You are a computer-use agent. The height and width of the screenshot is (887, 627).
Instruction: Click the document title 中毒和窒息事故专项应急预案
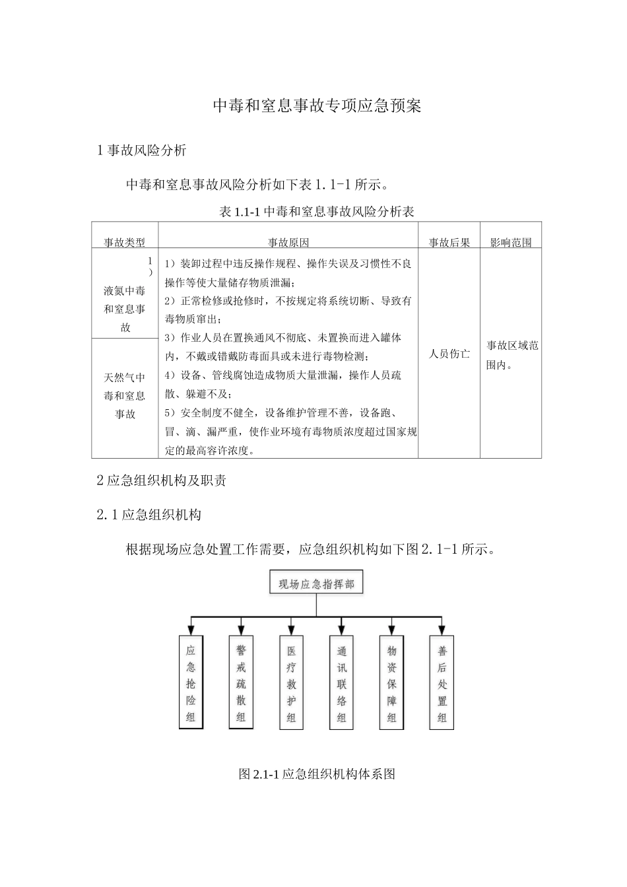click(x=317, y=106)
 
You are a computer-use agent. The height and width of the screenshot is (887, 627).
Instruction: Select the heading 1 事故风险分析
click(x=142, y=150)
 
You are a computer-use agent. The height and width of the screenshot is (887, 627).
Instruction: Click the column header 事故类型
click(x=125, y=242)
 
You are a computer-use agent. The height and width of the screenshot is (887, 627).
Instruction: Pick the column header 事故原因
click(x=288, y=242)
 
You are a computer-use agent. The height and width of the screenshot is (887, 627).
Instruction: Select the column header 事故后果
click(x=449, y=242)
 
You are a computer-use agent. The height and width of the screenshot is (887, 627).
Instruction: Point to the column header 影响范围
click(x=510, y=242)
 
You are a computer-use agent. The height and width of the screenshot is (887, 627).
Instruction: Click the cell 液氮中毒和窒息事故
click(x=125, y=308)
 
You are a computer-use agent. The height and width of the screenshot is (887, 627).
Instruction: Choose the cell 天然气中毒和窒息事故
click(x=125, y=395)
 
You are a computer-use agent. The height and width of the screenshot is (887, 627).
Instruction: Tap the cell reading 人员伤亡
click(x=449, y=354)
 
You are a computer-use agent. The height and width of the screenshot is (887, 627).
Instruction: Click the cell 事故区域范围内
click(x=512, y=354)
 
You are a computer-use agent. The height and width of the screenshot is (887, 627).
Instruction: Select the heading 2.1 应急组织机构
click(x=149, y=515)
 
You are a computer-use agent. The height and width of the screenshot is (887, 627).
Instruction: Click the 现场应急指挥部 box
click(x=316, y=584)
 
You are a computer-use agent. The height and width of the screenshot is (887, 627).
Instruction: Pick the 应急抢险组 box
click(x=191, y=683)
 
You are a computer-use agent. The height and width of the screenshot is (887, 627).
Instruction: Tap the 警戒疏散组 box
click(x=241, y=683)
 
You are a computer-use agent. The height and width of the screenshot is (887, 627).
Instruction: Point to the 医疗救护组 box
click(x=291, y=683)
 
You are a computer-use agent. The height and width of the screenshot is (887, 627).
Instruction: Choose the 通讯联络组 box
click(x=341, y=683)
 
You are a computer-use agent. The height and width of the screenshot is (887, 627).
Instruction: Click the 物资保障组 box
click(x=391, y=683)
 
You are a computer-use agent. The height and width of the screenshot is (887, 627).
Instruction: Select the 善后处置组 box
click(x=442, y=683)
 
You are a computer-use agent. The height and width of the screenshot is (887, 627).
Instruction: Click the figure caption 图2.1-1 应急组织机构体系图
click(x=317, y=773)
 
